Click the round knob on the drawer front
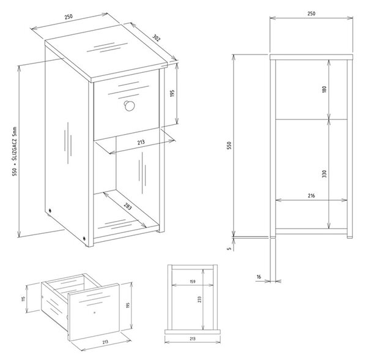click(x=129, y=106)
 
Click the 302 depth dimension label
click(x=156, y=38)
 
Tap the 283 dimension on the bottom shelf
click(x=128, y=206)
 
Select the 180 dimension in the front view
click(x=324, y=89)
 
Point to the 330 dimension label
click(x=324, y=174)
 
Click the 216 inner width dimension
click(x=311, y=195)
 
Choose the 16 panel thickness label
click(x=259, y=277)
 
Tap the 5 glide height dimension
click(x=229, y=249)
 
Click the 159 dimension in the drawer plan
click(x=193, y=282)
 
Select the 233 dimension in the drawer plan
click(x=199, y=299)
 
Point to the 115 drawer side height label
click(x=23, y=299)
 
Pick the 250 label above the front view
click(x=311, y=13)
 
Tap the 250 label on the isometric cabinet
click(x=69, y=17)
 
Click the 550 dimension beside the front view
click(x=229, y=145)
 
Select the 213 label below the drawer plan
click(x=193, y=339)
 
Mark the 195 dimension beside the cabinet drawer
click(x=172, y=93)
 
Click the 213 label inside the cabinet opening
click(x=141, y=143)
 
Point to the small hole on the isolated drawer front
click(x=94, y=312)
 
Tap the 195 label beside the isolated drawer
click(x=128, y=305)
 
